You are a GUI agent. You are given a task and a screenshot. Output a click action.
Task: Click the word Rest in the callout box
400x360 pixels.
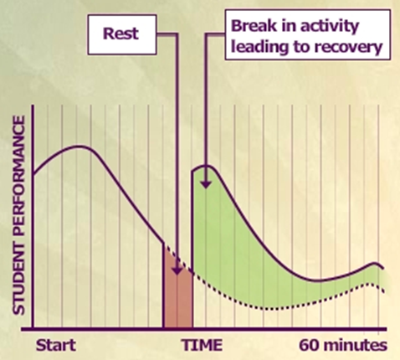click(x=121, y=33)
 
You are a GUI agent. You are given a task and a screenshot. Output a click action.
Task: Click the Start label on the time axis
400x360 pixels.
click(x=56, y=345)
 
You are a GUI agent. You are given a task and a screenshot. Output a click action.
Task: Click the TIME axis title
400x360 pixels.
click(x=203, y=345)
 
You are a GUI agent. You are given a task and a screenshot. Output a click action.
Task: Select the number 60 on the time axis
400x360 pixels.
click(x=310, y=345)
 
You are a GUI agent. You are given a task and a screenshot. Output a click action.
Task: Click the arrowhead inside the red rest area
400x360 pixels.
click(x=177, y=270)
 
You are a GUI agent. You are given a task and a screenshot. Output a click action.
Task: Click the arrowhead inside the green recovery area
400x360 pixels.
click(x=206, y=184)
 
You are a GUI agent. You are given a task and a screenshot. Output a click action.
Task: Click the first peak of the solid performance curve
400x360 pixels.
click(x=80, y=147)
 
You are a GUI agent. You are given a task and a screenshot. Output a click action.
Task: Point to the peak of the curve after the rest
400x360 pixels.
click(x=207, y=167)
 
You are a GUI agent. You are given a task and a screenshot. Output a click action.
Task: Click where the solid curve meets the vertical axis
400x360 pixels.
click(x=33, y=174)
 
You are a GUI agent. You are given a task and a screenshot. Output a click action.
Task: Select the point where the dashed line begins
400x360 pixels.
click(x=164, y=244)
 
